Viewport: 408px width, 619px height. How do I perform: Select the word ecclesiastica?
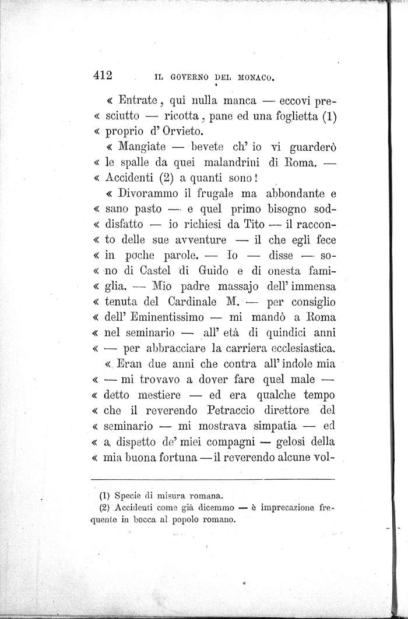(298, 349)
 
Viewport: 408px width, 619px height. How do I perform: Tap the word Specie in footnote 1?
(131, 497)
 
